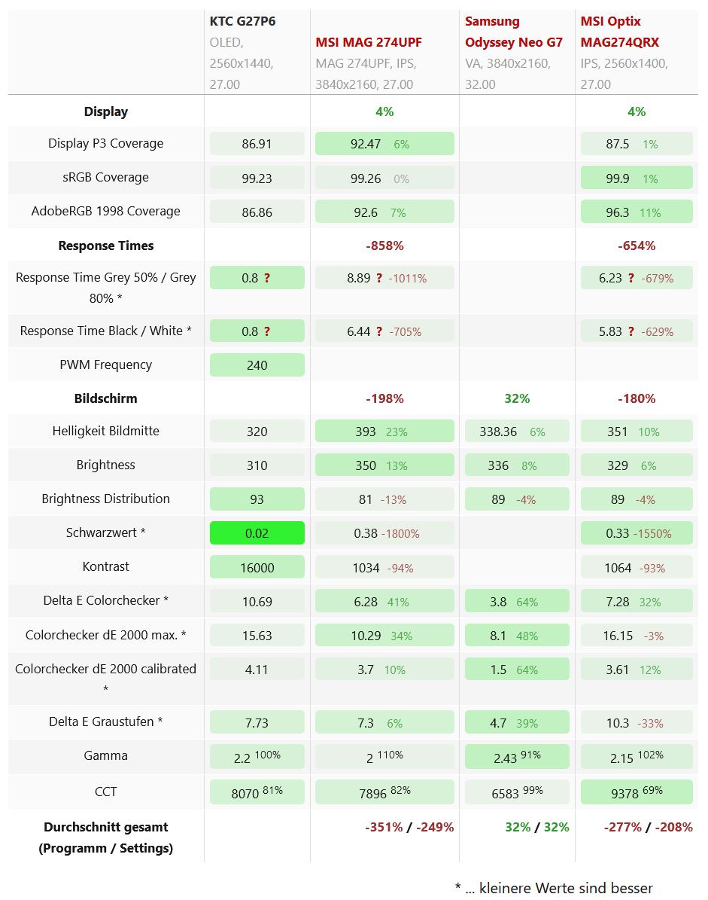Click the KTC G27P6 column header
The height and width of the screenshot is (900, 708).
point(242,21)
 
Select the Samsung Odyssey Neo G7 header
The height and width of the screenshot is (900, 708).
point(514,32)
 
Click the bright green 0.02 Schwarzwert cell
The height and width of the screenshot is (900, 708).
point(257,532)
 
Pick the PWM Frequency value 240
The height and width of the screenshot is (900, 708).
point(257,365)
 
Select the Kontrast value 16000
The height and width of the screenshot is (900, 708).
point(257,567)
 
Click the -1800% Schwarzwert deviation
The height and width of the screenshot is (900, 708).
point(400,533)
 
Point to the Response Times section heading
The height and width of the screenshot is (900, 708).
point(105,246)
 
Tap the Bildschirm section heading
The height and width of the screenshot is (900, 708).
point(105,398)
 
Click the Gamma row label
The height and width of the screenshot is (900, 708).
point(105,755)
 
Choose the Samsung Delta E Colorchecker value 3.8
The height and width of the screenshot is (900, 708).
point(498,601)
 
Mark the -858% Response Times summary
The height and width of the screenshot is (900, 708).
point(384,246)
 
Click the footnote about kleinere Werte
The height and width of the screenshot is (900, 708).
point(554,888)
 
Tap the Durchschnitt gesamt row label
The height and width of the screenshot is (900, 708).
point(105,837)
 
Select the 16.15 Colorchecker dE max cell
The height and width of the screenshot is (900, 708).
point(618,635)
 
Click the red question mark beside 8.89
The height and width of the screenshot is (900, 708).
point(379,278)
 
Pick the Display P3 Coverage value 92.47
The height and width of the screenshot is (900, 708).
point(366,144)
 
